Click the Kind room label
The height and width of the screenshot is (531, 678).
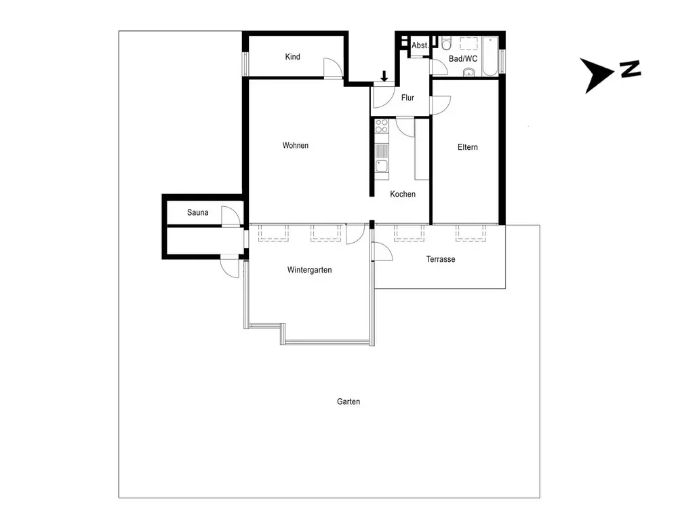click(292, 57)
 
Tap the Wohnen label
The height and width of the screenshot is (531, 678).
click(296, 146)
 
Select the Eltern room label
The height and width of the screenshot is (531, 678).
click(468, 147)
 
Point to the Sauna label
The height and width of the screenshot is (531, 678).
click(198, 213)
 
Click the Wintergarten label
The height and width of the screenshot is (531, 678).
click(309, 270)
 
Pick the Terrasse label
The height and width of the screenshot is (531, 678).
click(441, 260)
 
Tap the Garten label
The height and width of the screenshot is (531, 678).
click(348, 401)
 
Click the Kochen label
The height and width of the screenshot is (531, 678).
click(403, 195)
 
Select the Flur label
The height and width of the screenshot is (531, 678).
click(407, 98)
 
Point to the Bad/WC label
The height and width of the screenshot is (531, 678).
click(464, 59)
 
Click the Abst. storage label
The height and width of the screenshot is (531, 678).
click(420, 45)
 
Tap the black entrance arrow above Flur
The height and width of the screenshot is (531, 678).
click(384, 76)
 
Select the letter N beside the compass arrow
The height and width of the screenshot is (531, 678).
click(631, 68)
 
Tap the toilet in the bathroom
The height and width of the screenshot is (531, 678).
click(445, 45)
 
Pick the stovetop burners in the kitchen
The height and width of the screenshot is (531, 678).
click(382, 125)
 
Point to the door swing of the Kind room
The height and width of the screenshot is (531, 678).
click(332, 68)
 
